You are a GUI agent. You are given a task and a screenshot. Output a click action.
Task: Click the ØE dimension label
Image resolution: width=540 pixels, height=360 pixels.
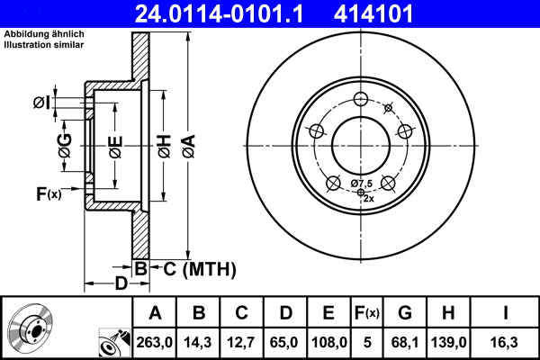pos(115,146)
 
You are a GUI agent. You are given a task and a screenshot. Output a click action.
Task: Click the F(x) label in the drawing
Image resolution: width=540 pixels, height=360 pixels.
pos(48,193)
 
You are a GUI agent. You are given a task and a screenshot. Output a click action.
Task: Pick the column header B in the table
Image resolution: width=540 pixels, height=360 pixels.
pos(199,313)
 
